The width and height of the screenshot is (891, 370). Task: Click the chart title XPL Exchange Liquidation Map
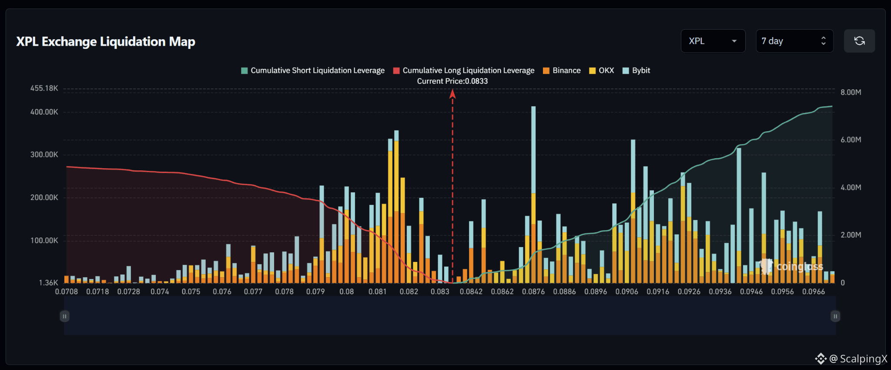click(106, 41)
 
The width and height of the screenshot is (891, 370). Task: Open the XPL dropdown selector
click(713, 41)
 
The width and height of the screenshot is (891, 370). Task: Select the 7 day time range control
click(794, 41)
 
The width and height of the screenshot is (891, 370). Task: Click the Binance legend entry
click(562, 71)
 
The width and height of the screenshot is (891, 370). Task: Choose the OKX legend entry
click(601, 71)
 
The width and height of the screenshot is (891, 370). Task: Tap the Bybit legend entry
click(636, 71)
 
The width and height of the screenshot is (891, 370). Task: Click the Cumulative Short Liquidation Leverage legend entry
click(313, 71)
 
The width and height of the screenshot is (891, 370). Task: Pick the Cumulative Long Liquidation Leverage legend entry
click(464, 71)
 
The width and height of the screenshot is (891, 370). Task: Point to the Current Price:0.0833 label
click(452, 81)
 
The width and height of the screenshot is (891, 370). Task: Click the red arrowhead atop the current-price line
click(452, 94)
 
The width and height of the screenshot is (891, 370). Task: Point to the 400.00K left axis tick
click(44, 112)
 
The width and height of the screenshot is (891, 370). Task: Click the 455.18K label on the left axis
click(44, 88)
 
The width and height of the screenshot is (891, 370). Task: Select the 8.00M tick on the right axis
click(851, 92)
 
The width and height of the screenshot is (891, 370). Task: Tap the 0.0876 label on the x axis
click(533, 292)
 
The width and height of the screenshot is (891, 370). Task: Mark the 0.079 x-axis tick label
click(315, 292)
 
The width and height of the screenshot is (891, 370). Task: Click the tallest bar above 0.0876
click(533, 194)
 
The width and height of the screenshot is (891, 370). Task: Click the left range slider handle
click(64, 316)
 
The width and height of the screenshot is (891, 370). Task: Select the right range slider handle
click(835, 316)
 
